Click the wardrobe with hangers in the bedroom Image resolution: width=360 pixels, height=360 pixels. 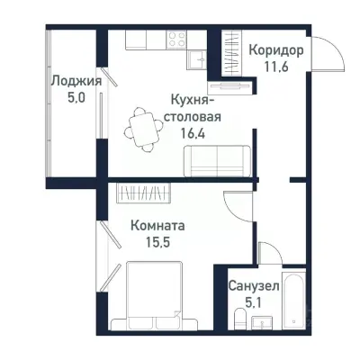click(143, 193)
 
